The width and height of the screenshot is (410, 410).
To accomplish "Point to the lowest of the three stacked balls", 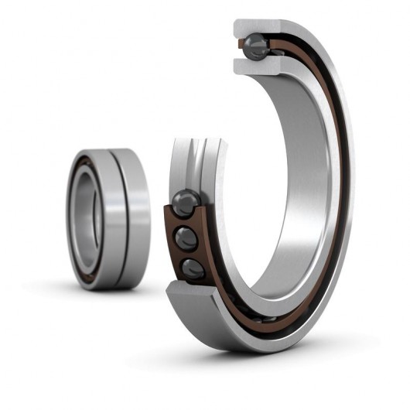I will tap(192, 268).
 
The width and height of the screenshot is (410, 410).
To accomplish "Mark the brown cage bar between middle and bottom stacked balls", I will tap(187, 254).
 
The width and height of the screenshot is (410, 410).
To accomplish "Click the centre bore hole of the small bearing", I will tap(86, 219).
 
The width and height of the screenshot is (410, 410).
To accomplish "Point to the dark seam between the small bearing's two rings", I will tap(116, 219).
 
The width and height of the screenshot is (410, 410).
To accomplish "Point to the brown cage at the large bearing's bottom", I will tap(255, 316).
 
